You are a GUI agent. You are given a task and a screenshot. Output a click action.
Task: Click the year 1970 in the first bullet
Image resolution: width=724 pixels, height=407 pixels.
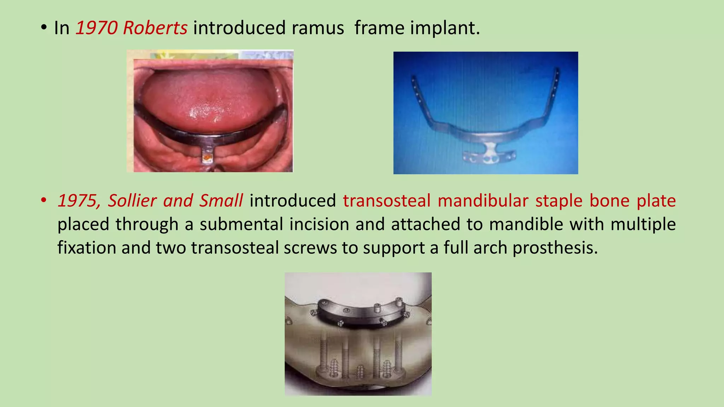click(96, 28)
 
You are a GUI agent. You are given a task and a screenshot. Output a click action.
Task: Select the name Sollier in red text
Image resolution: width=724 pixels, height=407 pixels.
click(132, 201)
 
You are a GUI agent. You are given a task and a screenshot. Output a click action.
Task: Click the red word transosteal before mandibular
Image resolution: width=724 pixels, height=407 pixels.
click(386, 201)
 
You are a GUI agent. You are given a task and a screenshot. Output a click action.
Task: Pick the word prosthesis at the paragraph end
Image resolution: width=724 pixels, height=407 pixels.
click(555, 248)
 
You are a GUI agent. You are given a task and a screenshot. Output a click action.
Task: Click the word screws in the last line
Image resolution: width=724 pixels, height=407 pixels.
click(310, 248)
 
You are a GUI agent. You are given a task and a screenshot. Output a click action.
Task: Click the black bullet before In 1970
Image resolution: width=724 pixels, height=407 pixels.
click(43, 28)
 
